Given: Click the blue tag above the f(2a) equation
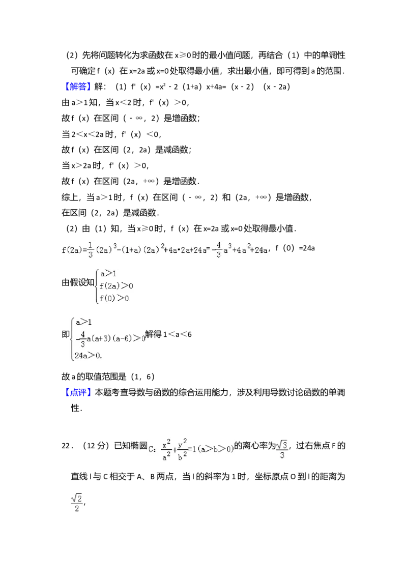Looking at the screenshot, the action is point(78,87).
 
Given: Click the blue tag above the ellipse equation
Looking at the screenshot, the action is point(78,392).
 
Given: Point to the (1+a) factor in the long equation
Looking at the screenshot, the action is point(129,250).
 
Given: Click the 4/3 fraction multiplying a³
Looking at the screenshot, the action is point(218,250).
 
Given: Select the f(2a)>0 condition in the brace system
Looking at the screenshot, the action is point(115,286).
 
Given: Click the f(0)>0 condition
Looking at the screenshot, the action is point(114,298).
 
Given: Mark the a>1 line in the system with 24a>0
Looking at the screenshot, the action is point(83,322).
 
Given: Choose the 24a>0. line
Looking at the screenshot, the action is point(88,356).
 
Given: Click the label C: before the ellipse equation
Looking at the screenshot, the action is point(152,449).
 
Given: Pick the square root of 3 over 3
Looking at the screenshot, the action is point(281,450).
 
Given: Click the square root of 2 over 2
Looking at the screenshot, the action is point(77,503).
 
